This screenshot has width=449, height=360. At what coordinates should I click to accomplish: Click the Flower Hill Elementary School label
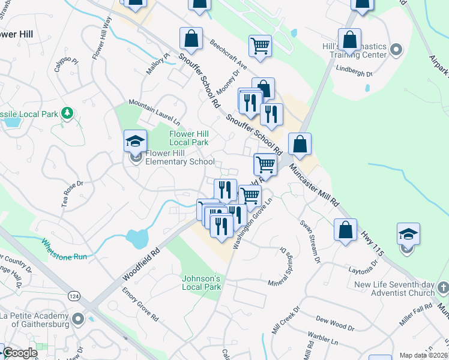179,157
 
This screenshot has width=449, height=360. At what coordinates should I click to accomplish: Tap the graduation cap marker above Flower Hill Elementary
136,142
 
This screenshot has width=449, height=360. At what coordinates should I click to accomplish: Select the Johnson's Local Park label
202,283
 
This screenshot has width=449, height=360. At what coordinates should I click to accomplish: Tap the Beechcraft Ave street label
229,55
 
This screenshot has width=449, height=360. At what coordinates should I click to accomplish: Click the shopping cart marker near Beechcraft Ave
260,46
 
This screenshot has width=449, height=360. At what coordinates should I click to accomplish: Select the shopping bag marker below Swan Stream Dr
346,230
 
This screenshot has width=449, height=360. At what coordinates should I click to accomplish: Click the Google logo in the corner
20,353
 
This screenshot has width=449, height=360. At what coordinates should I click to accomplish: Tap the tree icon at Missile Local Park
68,112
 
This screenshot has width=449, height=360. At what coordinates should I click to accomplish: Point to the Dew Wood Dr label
335,324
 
